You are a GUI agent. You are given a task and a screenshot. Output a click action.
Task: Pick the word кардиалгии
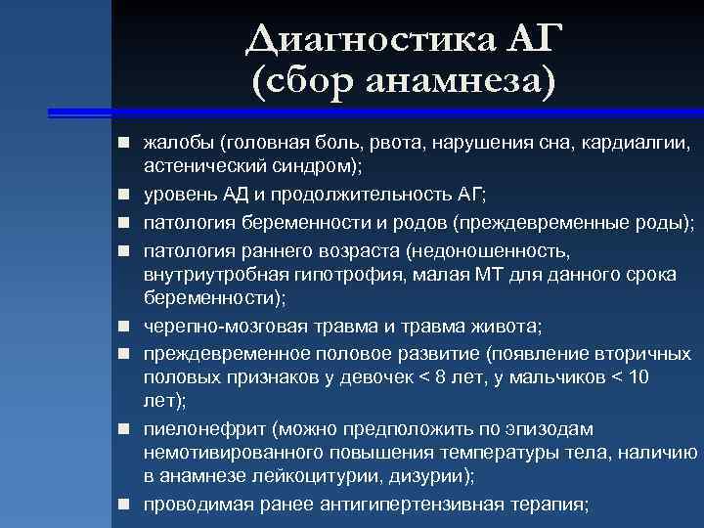[x=637, y=144]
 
